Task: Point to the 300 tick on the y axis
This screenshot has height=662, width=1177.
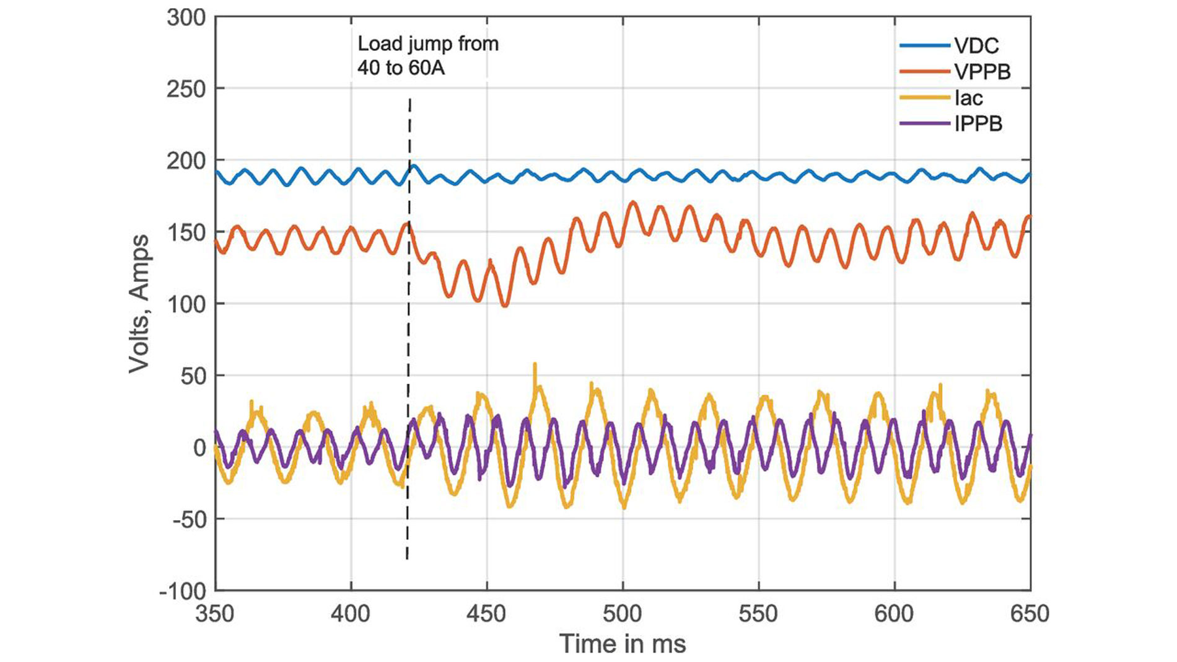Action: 186,17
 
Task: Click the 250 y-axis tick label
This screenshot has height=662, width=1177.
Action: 186,89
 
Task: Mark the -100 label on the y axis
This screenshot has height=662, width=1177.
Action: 182,591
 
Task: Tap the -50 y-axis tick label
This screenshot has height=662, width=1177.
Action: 189,519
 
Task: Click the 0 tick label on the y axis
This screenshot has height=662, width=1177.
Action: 199,448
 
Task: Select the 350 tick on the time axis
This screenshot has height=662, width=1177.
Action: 215,614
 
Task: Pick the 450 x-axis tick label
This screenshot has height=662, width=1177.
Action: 487,614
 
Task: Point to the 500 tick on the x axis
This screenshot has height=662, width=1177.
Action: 623,614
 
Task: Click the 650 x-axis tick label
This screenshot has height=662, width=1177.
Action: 1030,614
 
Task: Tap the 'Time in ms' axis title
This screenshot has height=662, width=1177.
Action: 623,644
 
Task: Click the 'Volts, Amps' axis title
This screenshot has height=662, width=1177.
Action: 139,304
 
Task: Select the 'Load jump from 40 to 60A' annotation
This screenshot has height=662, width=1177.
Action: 427,56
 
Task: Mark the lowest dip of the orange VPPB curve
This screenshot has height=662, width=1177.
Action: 505,306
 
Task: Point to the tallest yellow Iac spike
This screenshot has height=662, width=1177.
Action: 535,364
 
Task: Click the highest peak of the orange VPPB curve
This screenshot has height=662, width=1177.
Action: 632,202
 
